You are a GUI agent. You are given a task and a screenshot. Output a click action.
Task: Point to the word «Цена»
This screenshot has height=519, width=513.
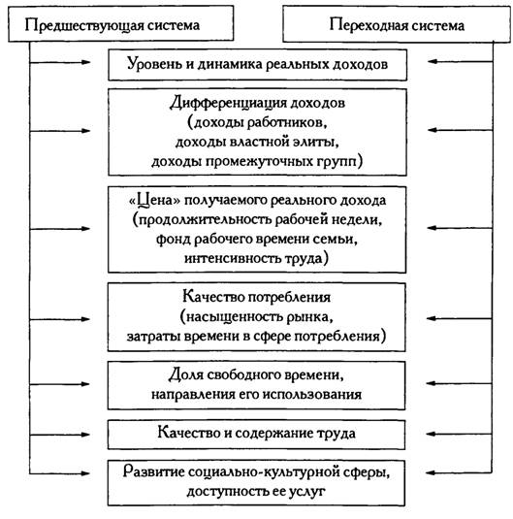(154, 201)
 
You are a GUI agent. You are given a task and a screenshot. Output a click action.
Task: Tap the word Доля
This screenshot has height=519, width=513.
(185, 375)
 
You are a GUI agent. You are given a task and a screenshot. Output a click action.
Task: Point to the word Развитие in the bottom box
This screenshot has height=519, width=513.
(153, 472)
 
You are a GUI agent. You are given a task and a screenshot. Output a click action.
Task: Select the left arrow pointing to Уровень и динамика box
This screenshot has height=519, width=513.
(60, 62)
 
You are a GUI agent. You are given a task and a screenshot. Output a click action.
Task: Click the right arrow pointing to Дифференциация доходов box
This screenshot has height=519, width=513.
(460, 130)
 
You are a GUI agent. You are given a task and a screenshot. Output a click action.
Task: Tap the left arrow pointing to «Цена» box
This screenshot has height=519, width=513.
(60, 229)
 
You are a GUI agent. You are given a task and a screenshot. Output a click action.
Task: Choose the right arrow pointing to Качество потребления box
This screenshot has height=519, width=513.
(460, 318)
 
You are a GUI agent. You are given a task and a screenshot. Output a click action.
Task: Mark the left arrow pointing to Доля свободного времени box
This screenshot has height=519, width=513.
(60, 384)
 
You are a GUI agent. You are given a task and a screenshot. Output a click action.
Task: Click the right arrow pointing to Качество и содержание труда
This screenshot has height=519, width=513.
(460, 434)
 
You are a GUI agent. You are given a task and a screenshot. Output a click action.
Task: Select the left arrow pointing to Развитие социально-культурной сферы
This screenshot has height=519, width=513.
(60, 473)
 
